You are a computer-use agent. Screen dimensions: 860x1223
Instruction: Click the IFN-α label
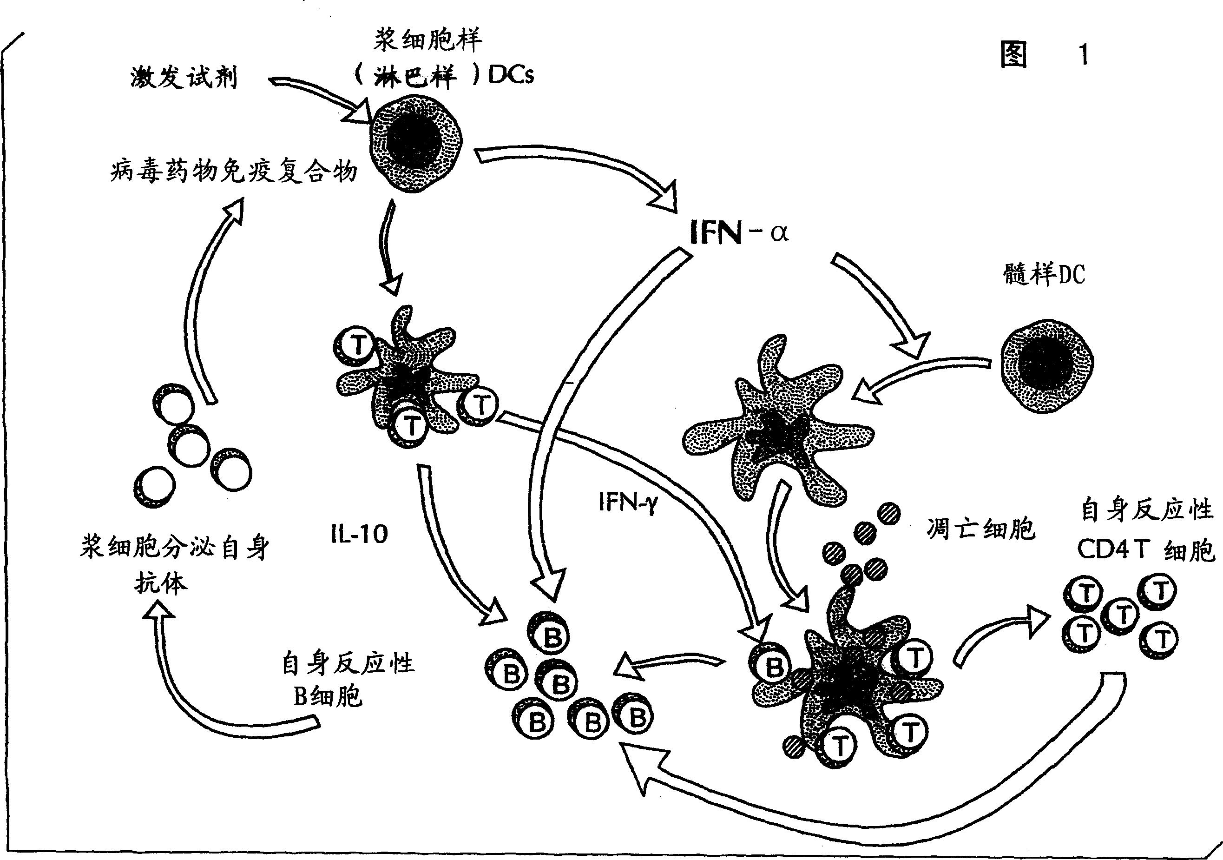click(x=738, y=232)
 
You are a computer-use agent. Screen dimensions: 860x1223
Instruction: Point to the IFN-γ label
click(x=627, y=502)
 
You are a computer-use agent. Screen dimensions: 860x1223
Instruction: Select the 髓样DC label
click(x=1044, y=275)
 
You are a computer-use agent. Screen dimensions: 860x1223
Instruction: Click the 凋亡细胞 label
click(x=980, y=529)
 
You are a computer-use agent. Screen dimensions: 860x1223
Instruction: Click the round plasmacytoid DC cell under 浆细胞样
click(x=416, y=143)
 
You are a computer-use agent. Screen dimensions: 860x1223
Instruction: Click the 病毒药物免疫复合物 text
click(x=233, y=172)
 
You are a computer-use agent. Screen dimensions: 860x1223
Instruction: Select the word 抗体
click(x=160, y=583)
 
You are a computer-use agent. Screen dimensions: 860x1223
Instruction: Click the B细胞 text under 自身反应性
click(x=328, y=696)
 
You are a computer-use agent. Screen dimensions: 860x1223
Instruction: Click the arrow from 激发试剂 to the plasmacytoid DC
click(x=320, y=99)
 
